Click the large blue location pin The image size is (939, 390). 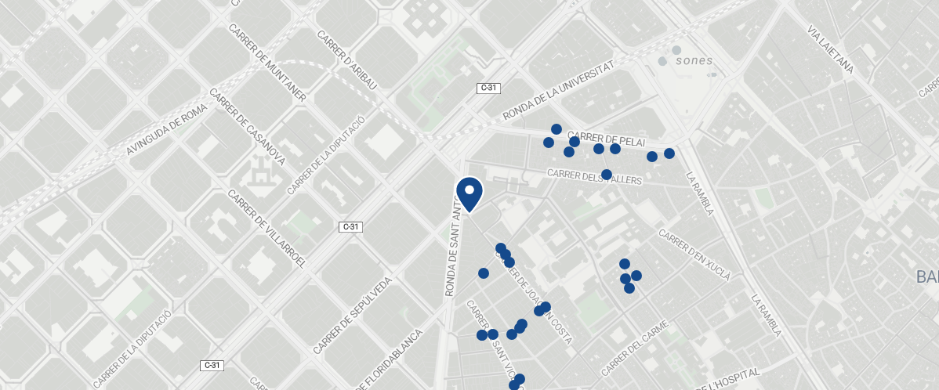coord(469,193)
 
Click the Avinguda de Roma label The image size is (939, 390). coord(170,121)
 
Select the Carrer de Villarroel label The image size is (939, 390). coord(266,228)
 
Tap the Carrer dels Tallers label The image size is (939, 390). coord(595,177)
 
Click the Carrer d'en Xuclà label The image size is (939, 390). coord(694,255)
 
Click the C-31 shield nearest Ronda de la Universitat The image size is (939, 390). coord(488,88)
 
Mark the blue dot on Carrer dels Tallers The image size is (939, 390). coord(606,175)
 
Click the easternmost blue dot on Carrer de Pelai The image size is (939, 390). coord(669,153)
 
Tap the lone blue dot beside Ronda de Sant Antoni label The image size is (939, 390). coord(484,273)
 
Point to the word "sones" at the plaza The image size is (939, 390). coord(694,60)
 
